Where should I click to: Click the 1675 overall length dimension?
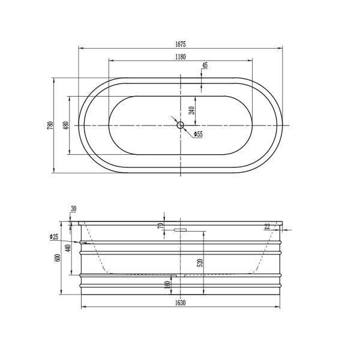pyautogui.click(x=181, y=44)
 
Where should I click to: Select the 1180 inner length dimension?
pyautogui.click(x=181, y=57)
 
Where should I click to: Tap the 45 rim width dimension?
pyautogui.click(x=205, y=65)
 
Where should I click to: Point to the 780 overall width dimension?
pyautogui.click(x=50, y=125)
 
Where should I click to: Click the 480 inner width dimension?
pyautogui.click(x=66, y=125)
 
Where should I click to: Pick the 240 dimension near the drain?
pyautogui.click(x=192, y=110)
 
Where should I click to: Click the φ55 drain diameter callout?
pyautogui.click(x=199, y=134)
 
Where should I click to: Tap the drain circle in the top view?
pyautogui.click(x=181, y=125)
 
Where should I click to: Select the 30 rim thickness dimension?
pyautogui.click(x=73, y=209)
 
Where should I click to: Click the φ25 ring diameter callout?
pyautogui.click(x=54, y=236)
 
